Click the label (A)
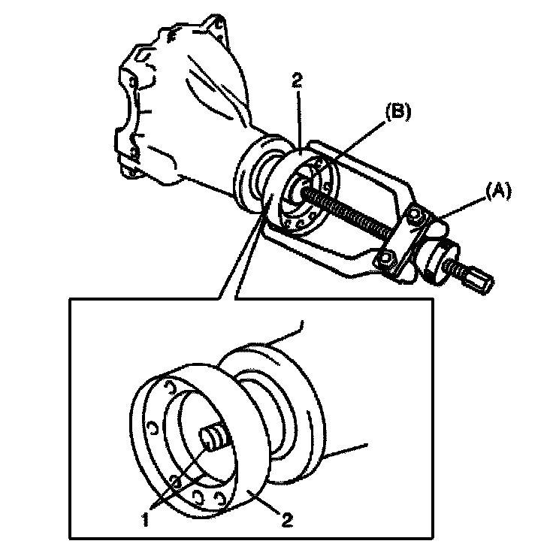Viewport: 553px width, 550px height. point(498,192)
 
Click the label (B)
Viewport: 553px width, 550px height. point(398,113)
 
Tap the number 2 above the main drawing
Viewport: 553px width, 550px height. point(298,80)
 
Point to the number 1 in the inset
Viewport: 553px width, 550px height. point(145,520)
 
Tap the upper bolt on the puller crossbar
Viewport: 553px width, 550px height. point(413,214)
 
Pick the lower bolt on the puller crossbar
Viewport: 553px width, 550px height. point(385,259)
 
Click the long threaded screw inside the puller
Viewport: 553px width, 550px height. point(347,212)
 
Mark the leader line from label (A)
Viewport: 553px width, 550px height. point(463,208)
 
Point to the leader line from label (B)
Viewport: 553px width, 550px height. point(356,142)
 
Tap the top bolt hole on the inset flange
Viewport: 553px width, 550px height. point(171,387)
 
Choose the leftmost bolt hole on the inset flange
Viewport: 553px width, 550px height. point(153,428)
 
